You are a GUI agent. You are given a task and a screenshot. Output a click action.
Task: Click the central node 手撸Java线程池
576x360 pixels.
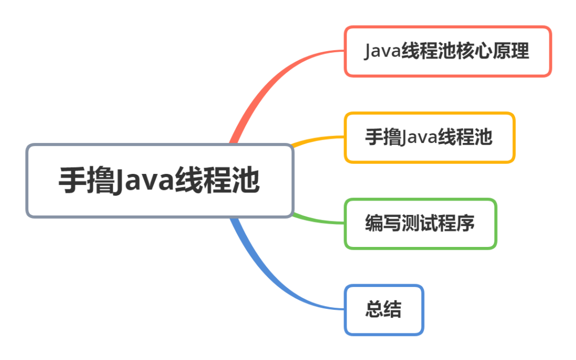(159, 181)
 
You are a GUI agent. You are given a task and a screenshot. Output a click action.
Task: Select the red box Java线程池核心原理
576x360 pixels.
(447, 52)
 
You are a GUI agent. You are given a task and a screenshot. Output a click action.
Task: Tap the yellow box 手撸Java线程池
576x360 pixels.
(429, 138)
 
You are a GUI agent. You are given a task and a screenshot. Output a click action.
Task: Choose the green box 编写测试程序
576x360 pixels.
(420, 223)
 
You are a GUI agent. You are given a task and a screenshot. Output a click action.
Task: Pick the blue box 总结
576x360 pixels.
(384, 310)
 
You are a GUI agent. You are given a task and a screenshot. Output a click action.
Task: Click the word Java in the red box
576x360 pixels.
(383, 52)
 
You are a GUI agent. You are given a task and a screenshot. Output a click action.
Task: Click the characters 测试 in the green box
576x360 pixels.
(420, 223)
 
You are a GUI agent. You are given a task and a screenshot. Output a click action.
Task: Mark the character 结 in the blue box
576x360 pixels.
(393, 310)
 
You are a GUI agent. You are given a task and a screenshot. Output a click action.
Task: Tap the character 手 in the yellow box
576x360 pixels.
(374, 138)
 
